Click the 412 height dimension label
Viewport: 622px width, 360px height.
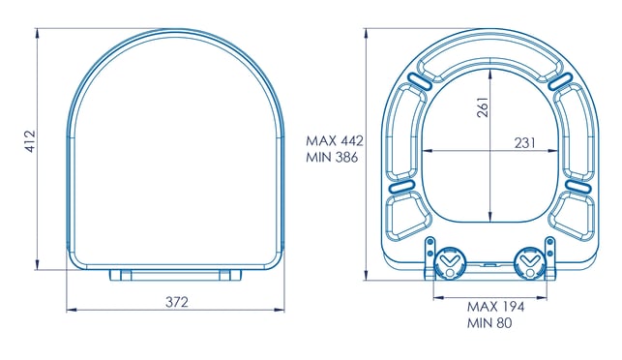30,141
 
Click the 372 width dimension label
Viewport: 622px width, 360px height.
177,303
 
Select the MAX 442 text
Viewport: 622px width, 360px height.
335,141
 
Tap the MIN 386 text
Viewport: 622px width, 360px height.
332,157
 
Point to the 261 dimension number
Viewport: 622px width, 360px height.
483,106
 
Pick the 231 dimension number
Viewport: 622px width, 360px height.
525,143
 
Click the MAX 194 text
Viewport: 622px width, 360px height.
495,307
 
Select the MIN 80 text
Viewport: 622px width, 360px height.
489,322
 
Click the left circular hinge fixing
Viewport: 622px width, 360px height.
450,262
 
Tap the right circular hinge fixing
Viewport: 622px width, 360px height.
529,262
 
